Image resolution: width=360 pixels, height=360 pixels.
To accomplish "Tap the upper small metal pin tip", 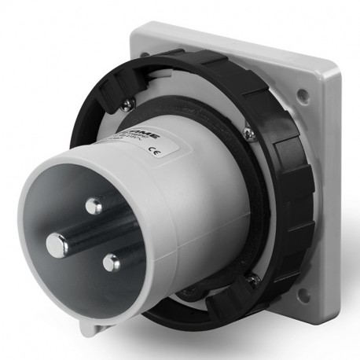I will tap(94, 207).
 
